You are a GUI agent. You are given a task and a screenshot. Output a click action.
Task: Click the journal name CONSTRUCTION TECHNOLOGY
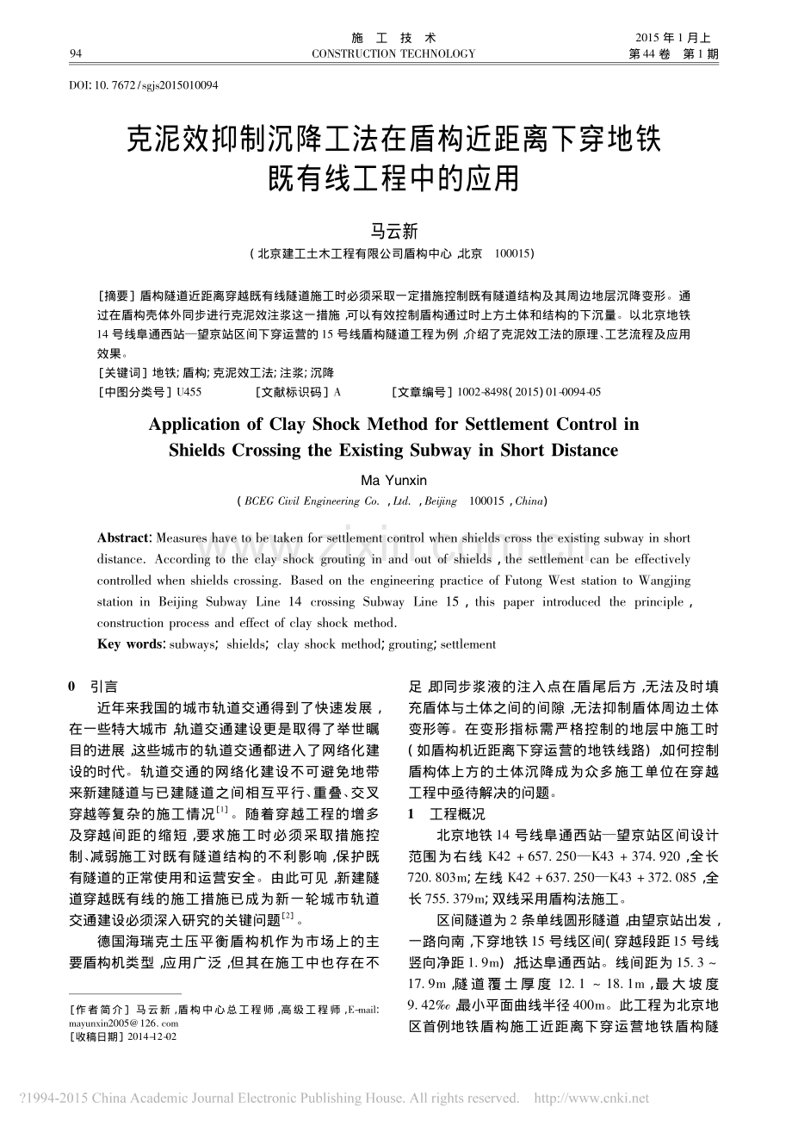pyautogui.click(x=393, y=54)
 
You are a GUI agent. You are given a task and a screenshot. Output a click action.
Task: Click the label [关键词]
pyautogui.click(x=124, y=372)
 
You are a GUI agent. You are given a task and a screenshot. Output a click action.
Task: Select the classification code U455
pyautogui.click(x=189, y=392)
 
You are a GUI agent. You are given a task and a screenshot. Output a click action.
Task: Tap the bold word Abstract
pyautogui.click(x=124, y=538)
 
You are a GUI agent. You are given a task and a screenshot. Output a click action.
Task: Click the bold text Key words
pyautogui.click(x=131, y=644)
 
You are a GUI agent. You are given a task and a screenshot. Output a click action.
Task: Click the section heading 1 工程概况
pyautogui.click(x=446, y=814)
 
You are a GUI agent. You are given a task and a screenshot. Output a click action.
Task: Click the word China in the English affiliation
pyautogui.click(x=529, y=501)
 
